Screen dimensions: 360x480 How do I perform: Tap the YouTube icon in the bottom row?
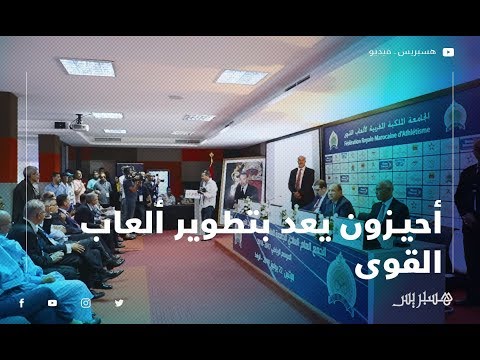(53, 302)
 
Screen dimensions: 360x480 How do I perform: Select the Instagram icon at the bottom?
(86, 302)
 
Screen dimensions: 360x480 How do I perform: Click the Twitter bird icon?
(119, 302)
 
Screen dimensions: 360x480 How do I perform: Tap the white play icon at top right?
(449, 51)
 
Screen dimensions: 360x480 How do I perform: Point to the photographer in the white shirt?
(206, 192)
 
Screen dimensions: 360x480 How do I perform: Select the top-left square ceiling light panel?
(87, 67)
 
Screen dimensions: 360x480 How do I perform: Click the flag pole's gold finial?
(210, 158)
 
